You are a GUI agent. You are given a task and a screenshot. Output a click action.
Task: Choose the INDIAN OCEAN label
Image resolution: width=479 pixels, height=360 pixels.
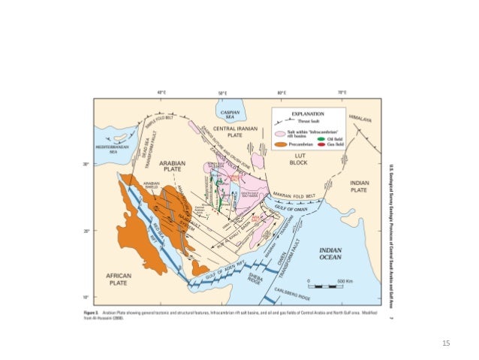coord(330,255)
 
